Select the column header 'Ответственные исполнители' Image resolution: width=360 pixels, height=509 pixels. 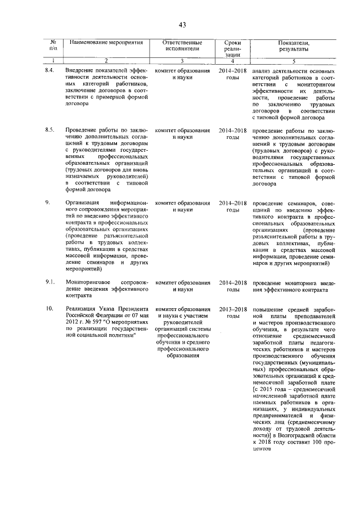(181, 46)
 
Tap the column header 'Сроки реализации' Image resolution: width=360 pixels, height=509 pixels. (232, 49)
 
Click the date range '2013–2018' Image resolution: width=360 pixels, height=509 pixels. (233, 309)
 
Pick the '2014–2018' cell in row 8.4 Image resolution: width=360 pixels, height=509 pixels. (233, 70)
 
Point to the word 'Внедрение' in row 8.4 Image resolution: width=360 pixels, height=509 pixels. (80, 70)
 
